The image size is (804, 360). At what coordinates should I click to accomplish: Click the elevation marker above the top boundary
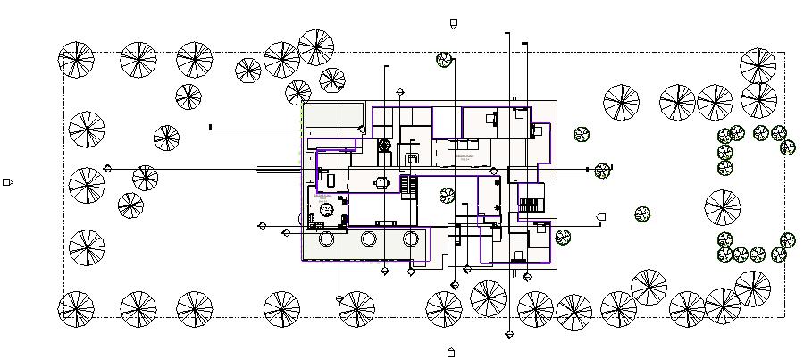pyautogui.click(x=453, y=23)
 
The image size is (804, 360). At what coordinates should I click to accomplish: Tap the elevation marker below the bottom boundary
pyautogui.click(x=451, y=352)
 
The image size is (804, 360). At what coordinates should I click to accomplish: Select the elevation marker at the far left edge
pyautogui.click(x=7, y=182)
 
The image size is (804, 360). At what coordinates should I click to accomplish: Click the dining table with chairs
pyautogui.click(x=383, y=183)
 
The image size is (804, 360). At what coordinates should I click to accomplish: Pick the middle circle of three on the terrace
pyautogui.click(x=369, y=239)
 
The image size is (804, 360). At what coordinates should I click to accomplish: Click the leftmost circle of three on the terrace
pyautogui.click(x=326, y=239)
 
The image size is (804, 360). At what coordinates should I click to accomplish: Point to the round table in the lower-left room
pyautogui.click(x=327, y=209)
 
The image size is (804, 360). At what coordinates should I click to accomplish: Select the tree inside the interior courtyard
pyautogui.click(x=447, y=195)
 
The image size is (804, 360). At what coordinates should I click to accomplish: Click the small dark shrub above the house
pyautogui.click(x=445, y=60)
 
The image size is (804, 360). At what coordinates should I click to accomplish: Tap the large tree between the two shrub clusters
pyautogui.click(x=722, y=208)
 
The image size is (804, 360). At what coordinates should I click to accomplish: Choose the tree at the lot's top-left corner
pyautogui.click(x=76, y=60)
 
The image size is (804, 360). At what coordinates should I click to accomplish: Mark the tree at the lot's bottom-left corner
pyautogui.click(x=76, y=309)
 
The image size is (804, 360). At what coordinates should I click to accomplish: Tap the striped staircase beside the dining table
pyautogui.click(x=409, y=186)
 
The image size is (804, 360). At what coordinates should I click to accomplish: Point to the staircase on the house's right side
pyautogui.click(x=532, y=198)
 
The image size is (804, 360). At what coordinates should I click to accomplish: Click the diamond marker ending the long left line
pyautogui.click(x=108, y=168)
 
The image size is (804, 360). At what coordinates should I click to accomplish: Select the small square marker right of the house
pyautogui.click(x=602, y=217)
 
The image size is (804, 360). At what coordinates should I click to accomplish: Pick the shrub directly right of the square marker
pyautogui.click(x=642, y=214)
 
